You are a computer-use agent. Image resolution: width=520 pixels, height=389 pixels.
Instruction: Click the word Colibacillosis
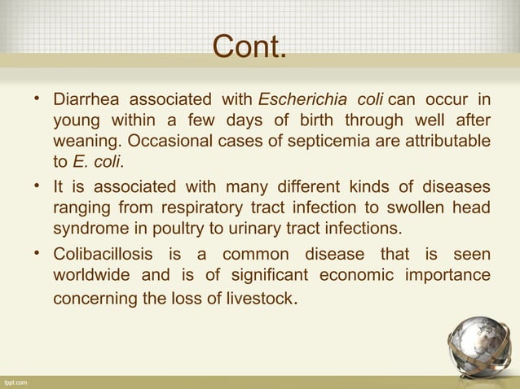click(104, 255)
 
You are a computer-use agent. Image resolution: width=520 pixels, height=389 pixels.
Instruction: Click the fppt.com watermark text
click(15, 381)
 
